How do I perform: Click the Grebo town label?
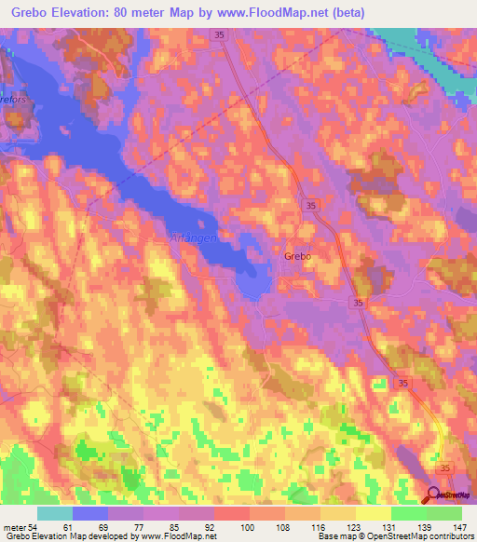click(x=296, y=254)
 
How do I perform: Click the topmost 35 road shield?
click(x=217, y=34)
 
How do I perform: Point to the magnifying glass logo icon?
click(x=434, y=495)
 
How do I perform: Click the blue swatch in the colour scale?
click(x=90, y=513)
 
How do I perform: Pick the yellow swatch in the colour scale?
click(x=374, y=513)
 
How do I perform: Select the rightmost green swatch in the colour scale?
click(x=444, y=513)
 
